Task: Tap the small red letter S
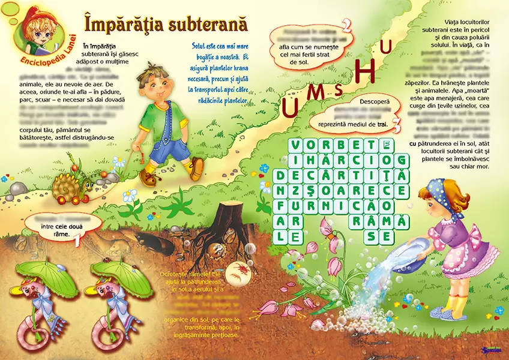tap(339, 90)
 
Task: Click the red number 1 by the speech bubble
tap(77, 241)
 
